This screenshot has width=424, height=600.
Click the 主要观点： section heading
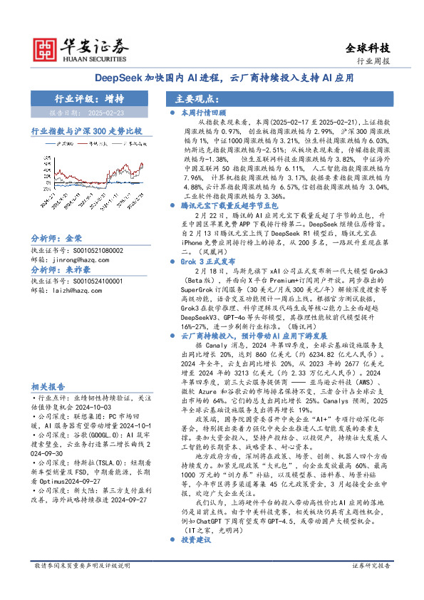point(196,99)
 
